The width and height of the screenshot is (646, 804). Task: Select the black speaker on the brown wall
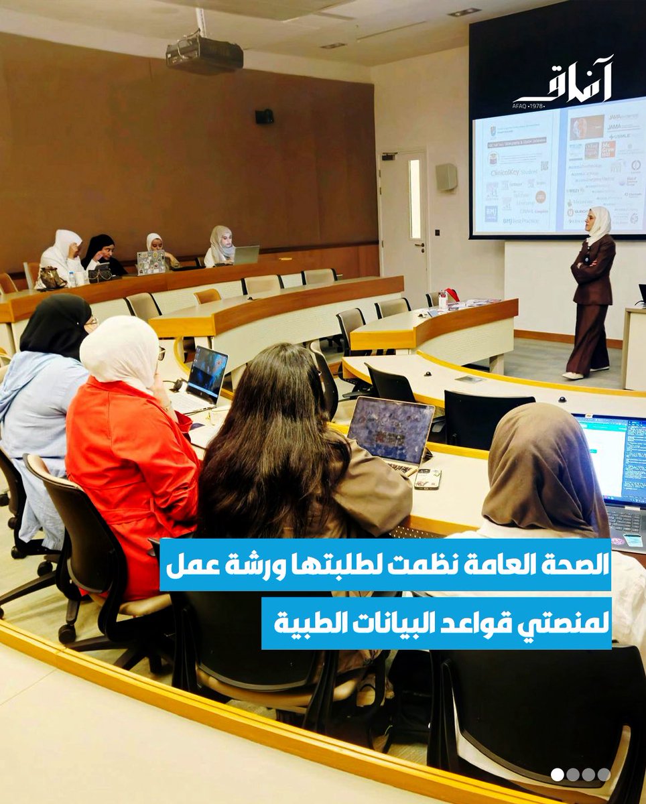point(264,116)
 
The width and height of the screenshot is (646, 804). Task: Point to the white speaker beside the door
point(446,177)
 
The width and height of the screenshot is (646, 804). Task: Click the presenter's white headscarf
point(599,224)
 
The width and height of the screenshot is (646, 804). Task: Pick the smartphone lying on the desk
point(427,478)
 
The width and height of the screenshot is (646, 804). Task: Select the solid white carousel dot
point(558,775)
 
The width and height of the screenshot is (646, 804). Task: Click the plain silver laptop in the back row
point(246,255)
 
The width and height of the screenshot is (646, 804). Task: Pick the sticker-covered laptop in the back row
point(151,262)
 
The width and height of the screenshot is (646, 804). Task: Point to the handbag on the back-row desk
point(52,277)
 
